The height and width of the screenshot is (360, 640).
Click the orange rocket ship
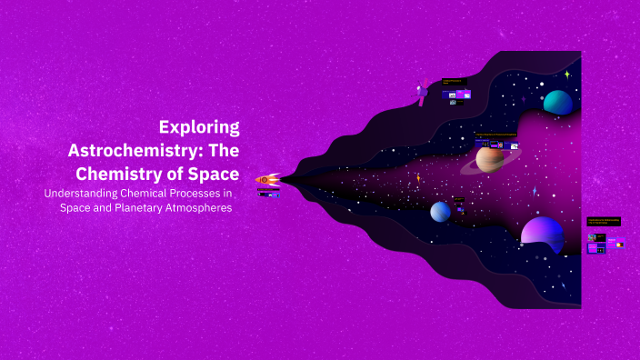coord(267,180)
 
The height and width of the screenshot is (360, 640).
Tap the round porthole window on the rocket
coord(265,180)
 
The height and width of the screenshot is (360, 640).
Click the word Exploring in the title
coord(199,127)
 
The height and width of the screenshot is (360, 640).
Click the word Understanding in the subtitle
coord(85,193)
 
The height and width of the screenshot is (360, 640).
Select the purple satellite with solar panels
coord(422,93)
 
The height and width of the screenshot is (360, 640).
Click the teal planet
coord(557,103)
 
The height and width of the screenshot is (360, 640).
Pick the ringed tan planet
coord(490,159)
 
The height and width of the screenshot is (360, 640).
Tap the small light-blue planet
coord(440,211)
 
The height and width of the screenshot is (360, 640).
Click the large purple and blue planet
coord(543,232)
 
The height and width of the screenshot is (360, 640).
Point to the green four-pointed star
coord(566,75)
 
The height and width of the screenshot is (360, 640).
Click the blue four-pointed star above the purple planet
coord(535,191)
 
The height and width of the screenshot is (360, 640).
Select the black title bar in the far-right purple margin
coord(604,221)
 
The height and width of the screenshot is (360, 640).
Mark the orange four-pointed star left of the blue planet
coord(418,178)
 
